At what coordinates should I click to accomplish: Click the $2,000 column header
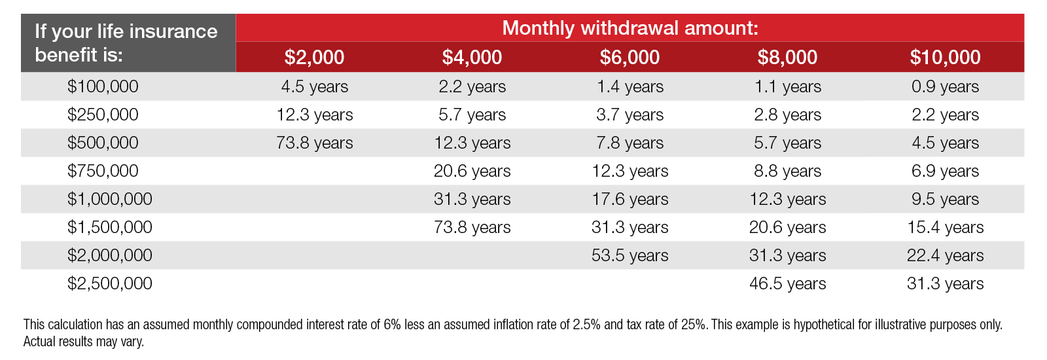(x=314, y=58)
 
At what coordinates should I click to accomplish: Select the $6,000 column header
(x=630, y=58)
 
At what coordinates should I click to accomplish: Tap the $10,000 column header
(x=945, y=58)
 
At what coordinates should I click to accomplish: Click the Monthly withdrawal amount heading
(x=630, y=28)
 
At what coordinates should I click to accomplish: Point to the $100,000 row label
(x=103, y=86)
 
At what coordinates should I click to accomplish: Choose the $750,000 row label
(x=103, y=171)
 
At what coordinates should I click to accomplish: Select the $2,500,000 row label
(x=109, y=283)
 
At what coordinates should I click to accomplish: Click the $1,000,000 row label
(x=109, y=199)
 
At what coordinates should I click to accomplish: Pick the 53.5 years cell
(x=630, y=255)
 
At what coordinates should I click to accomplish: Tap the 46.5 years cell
(x=787, y=283)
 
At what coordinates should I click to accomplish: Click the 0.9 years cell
(x=945, y=86)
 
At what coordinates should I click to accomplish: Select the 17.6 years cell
(x=630, y=199)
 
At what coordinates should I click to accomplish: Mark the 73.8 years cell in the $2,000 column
(x=314, y=143)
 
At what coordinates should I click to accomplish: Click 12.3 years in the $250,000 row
(x=314, y=115)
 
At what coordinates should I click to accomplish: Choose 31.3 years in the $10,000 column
(x=945, y=283)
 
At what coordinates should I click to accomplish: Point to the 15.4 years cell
(x=945, y=227)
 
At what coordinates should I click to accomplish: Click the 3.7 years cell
(x=630, y=115)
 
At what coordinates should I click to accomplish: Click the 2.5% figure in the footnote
(x=586, y=325)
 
